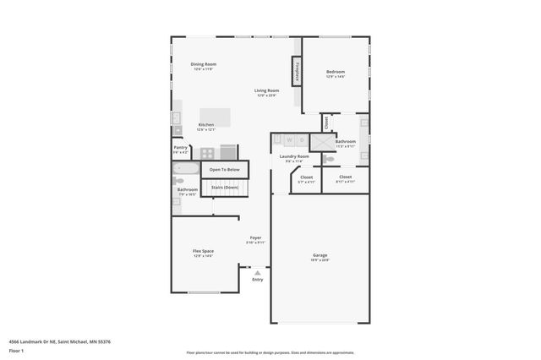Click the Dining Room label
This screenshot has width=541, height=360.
203,64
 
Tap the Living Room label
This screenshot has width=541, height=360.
268,90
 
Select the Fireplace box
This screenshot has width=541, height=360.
297,71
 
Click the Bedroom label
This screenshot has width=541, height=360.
336,72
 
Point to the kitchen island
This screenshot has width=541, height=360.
215,116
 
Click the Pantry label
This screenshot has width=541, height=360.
180,147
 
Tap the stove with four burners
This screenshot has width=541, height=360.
207,153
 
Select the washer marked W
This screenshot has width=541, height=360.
288,139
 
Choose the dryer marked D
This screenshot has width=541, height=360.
301,139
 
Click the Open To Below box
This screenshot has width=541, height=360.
226,170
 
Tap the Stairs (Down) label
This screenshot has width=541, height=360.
226,187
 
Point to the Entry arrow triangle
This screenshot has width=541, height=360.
257,272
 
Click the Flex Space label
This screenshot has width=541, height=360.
203,251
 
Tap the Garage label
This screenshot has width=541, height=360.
320,255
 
